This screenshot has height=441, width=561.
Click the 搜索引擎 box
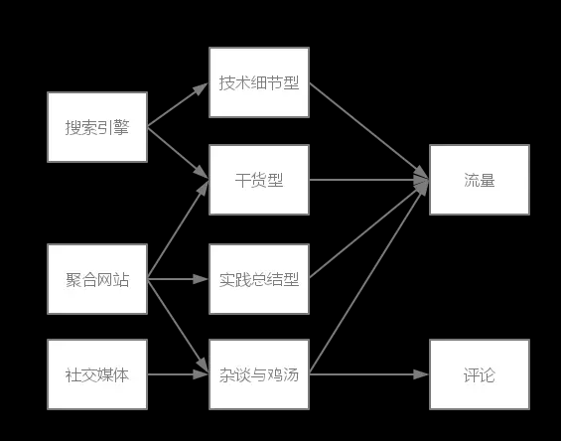coord(97,127)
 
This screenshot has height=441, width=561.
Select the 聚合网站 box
coord(97,279)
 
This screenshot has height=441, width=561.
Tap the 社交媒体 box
coord(97,374)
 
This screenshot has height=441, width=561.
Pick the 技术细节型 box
coord(259,82)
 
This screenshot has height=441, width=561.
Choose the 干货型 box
coord(259,180)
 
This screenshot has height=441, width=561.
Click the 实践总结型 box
coord(259,279)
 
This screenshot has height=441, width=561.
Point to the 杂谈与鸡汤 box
coord(259,374)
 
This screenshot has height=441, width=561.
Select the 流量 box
coord(479,180)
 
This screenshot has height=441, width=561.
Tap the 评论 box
coord(479,374)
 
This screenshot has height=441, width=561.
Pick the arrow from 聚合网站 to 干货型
coord(178,230)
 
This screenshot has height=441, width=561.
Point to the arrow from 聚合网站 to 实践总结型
coord(178,279)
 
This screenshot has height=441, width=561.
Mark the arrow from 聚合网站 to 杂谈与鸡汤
coord(178,326)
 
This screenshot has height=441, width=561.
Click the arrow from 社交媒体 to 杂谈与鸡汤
coord(178,374)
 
